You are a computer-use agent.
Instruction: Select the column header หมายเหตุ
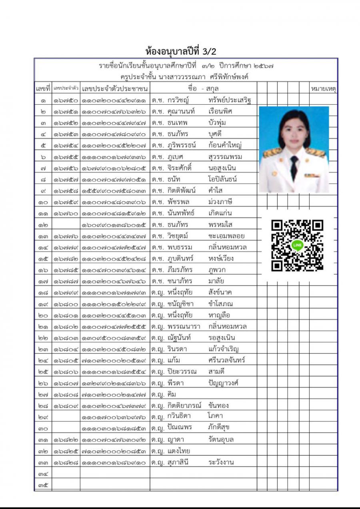(x=323, y=88)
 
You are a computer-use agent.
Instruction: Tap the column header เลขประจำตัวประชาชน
(x=115, y=88)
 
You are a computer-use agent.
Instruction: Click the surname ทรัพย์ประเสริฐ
(x=230, y=100)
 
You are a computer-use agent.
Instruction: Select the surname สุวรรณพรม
(x=225, y=156)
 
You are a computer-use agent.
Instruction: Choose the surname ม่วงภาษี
(x=220, y=201)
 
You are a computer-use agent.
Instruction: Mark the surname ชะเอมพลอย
(x=226, y=236)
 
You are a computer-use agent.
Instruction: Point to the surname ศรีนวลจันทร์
(x=227, y=360)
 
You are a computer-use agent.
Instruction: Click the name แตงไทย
(x=179, y=451)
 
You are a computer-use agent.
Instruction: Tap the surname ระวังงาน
(x=221, y=462)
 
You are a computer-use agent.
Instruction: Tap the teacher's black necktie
(x=294, y=168)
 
